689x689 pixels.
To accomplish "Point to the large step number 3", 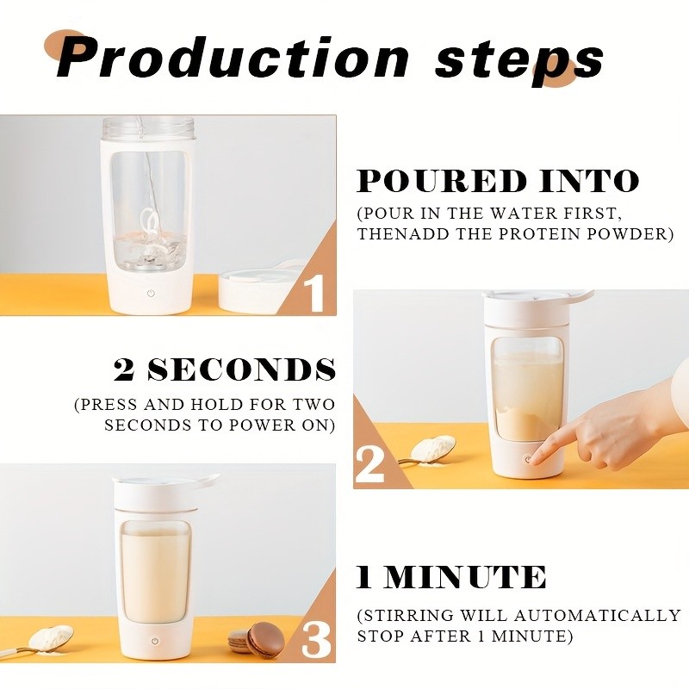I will pos(316,640).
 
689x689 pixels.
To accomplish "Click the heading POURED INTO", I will pos(498,182).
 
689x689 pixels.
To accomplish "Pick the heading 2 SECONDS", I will pos(225,369).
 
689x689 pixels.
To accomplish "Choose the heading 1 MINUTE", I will pos(451,577).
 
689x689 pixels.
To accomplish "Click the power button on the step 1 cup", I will pos(152,293).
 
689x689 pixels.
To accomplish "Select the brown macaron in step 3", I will pos(264,640).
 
